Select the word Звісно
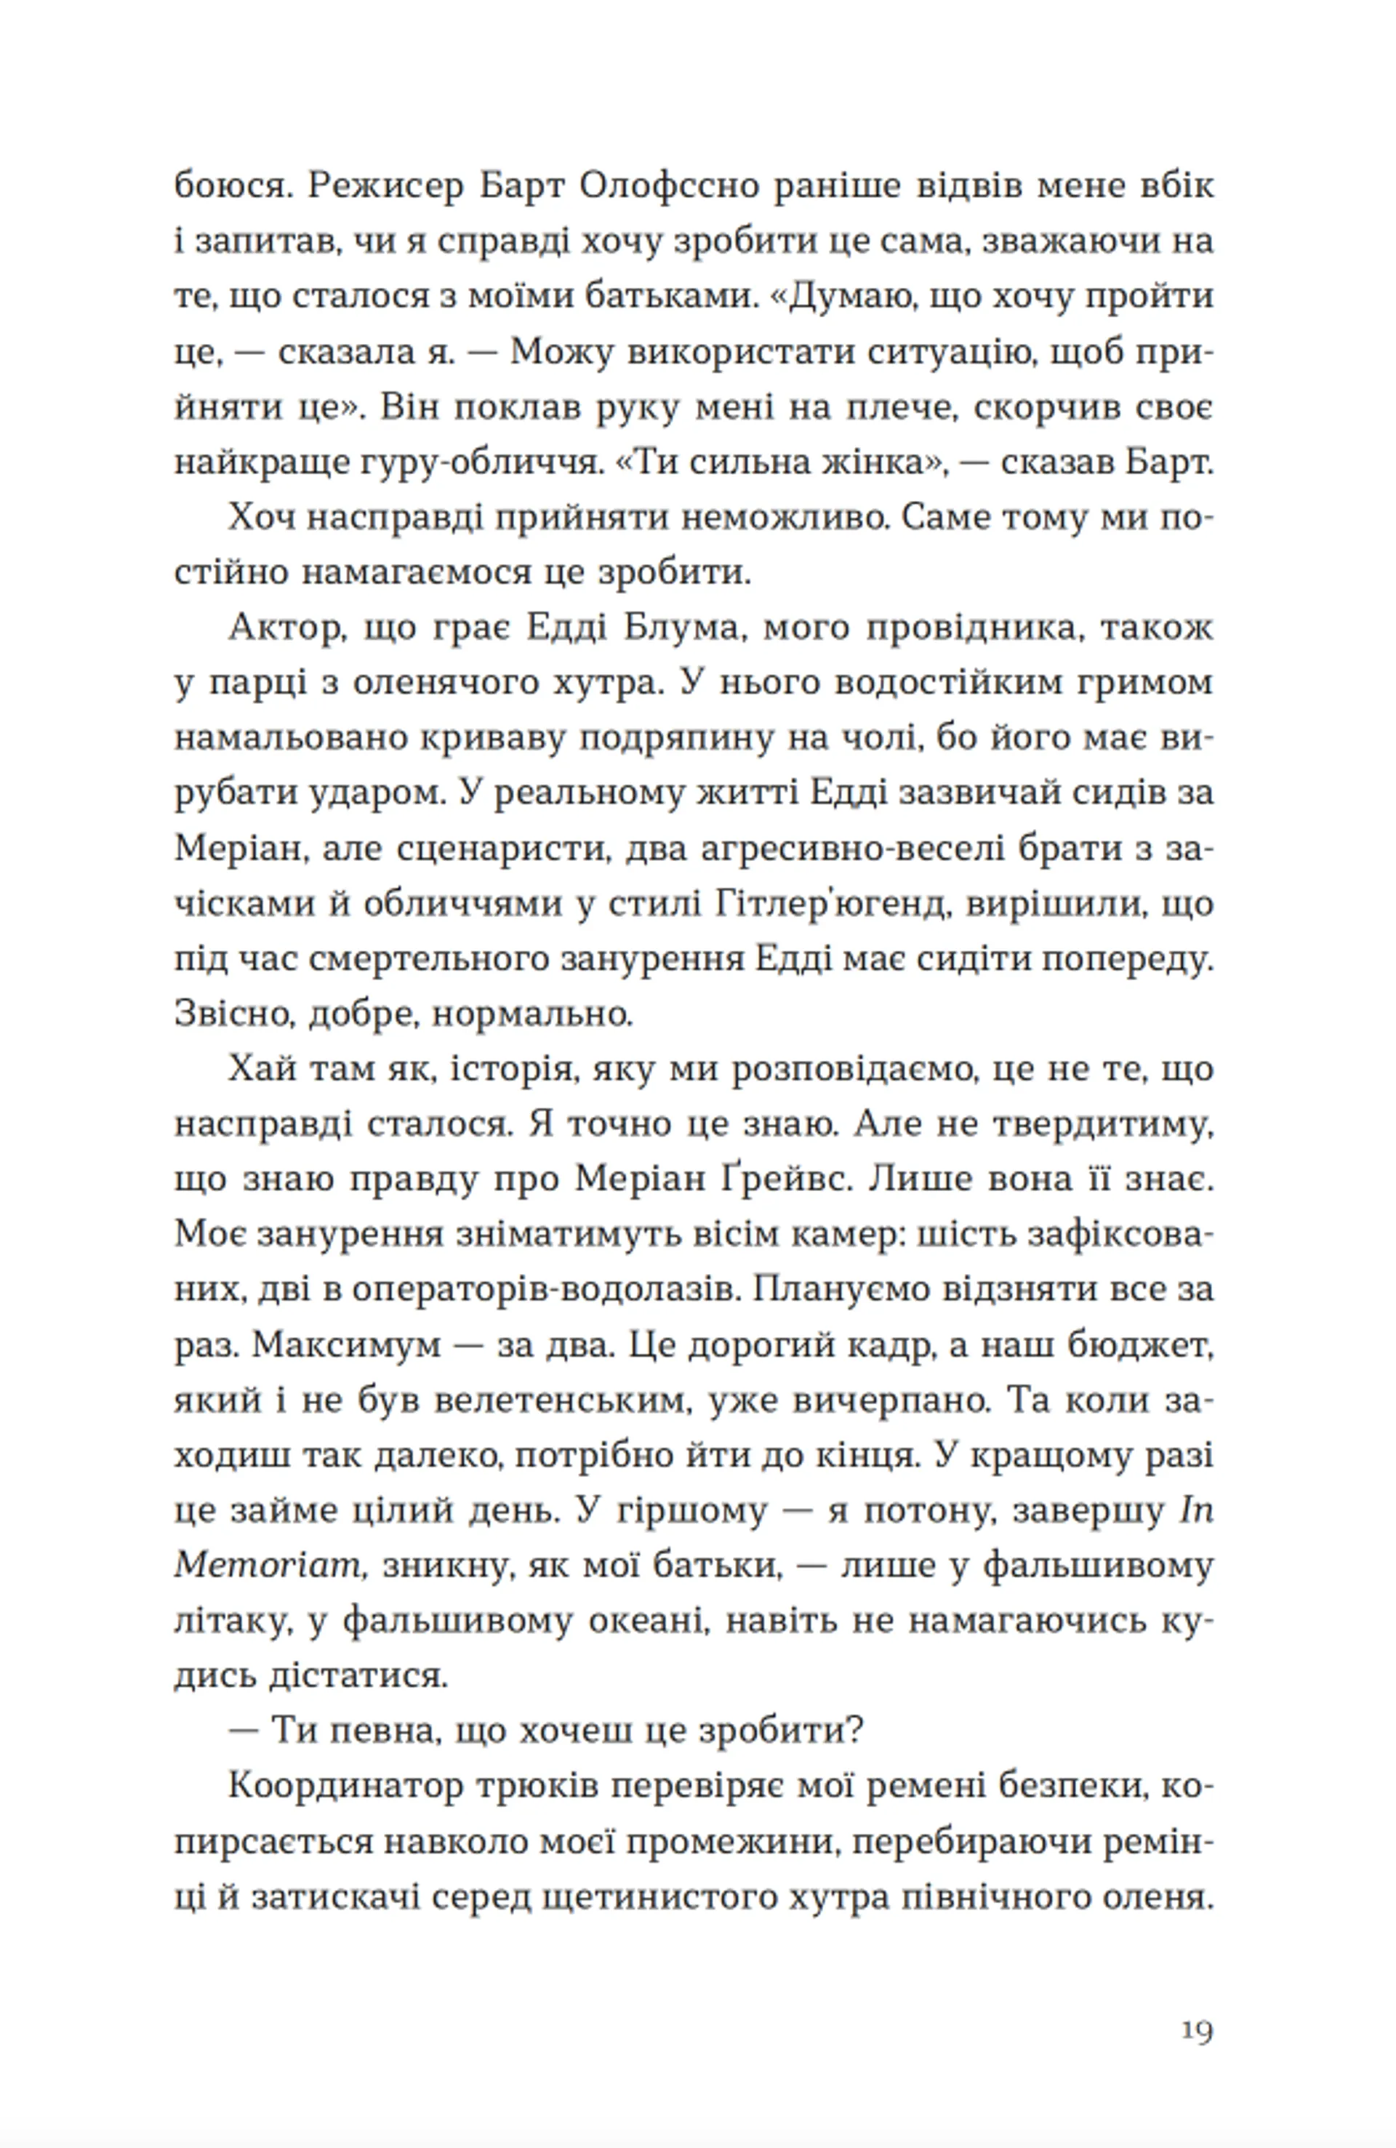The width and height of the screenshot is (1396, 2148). (232, 1014)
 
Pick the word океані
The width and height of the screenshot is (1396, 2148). (646, 1621)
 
